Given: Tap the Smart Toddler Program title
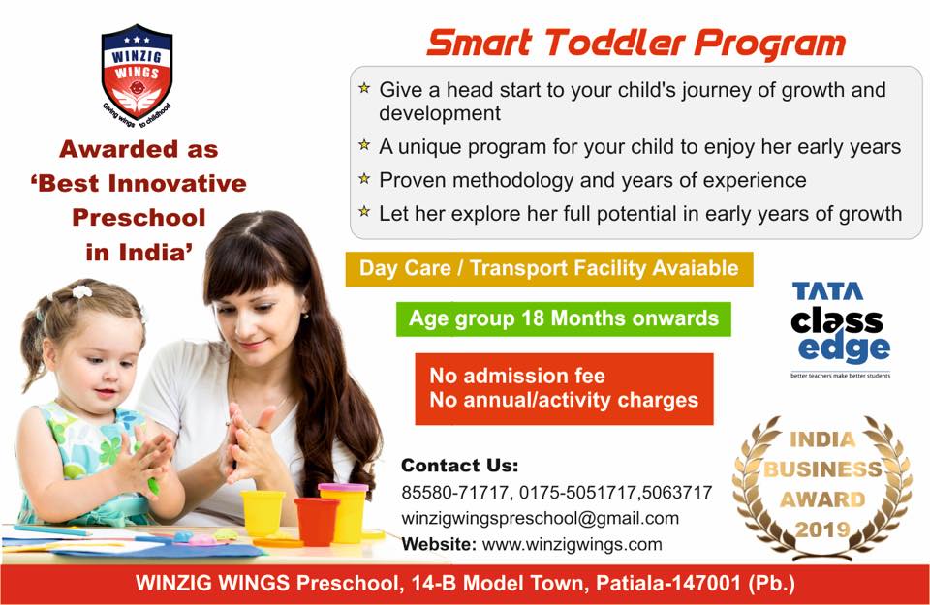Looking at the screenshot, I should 636,43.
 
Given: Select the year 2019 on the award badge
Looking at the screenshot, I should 821,529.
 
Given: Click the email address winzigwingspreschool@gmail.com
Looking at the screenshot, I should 540,518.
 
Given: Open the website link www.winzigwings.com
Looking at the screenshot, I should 572,543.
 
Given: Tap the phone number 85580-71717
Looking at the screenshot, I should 449,493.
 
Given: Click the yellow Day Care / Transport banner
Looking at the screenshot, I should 548,268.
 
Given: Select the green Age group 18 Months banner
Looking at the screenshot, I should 563,318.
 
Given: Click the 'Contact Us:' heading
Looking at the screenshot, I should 460,465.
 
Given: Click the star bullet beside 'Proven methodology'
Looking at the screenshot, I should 364,179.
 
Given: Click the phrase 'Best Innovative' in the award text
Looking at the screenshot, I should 142,183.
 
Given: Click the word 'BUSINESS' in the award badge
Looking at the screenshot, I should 821,471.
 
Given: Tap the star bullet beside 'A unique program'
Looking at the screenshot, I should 364,146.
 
